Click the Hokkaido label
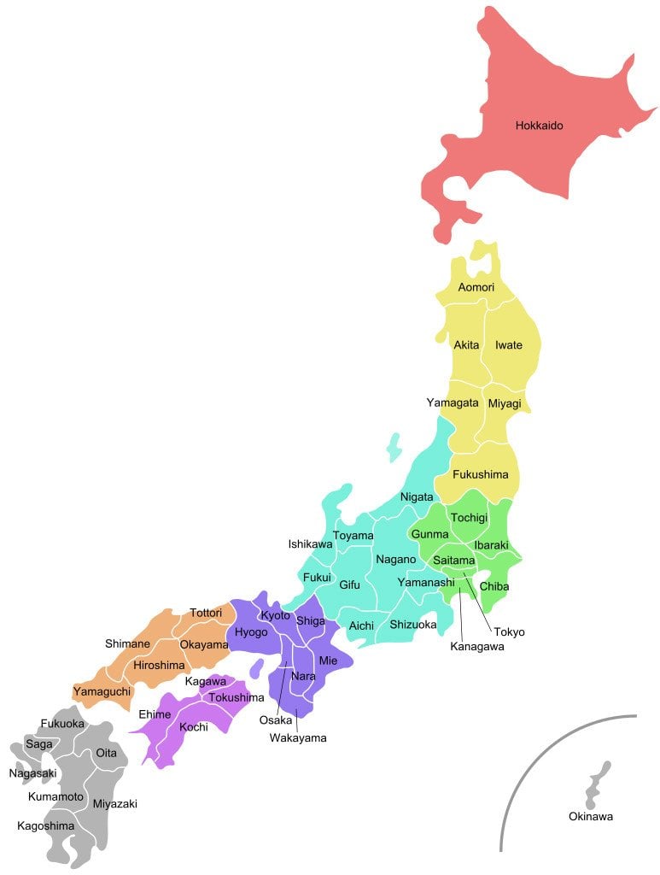click(539, 126)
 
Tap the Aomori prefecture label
click(476, 287)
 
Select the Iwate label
click(509, 345)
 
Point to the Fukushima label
click(480, 474)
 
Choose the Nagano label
click(395, 559)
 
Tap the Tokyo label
click(509, 632)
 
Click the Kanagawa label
click(477, 647)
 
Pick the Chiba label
click(494, 586)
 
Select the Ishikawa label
click(310, 543)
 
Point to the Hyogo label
click(251, 632)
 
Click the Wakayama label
click(298, 737)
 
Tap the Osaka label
click(276, 720)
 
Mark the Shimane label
click(127, 643)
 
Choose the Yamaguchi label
click(102, 690)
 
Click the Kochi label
click(194, 727)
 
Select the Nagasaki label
click(32, 773)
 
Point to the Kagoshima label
click(45, 826)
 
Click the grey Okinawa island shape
click(597, 782)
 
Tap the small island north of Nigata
click(394, 446)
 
